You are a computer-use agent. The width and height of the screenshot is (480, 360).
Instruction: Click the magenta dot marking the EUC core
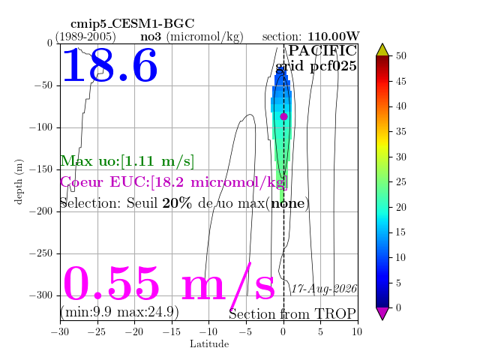coord(283,117)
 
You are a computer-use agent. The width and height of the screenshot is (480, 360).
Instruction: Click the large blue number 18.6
coord(110,65)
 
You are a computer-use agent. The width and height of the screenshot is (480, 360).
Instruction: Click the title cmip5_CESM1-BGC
coord(133,23)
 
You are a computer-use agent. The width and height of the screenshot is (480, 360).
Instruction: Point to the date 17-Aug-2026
coord(324,289)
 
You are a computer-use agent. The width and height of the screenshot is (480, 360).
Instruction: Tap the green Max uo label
coord(127,161)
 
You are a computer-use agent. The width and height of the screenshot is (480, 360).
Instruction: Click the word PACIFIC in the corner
coord(322,50)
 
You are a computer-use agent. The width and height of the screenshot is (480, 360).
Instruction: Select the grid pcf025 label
coord(316,67)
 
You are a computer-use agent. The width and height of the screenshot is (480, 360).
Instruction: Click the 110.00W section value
coord(333,37)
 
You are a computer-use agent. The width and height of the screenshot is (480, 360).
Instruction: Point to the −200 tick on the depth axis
coord(41,211)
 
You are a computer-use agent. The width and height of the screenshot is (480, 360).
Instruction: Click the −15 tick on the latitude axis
coord(172,331)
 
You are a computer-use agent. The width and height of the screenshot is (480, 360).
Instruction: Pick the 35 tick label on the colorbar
coord(401,132)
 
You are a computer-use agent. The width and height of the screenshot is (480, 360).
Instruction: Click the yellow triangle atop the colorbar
coord(382,50)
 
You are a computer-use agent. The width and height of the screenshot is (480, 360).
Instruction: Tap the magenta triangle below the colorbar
coord(382,313)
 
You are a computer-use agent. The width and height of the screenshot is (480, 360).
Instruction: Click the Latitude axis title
coord(209,344)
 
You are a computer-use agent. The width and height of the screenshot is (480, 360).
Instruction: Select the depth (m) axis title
coord(18,181)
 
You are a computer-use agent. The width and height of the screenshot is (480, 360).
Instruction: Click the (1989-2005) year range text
coord(85,37)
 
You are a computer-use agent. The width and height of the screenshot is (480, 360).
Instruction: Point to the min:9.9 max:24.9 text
coord(119,312)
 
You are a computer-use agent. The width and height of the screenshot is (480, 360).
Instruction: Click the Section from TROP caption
coord(292,314)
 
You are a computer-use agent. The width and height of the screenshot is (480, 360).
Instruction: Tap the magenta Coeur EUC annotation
coord(174,182)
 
